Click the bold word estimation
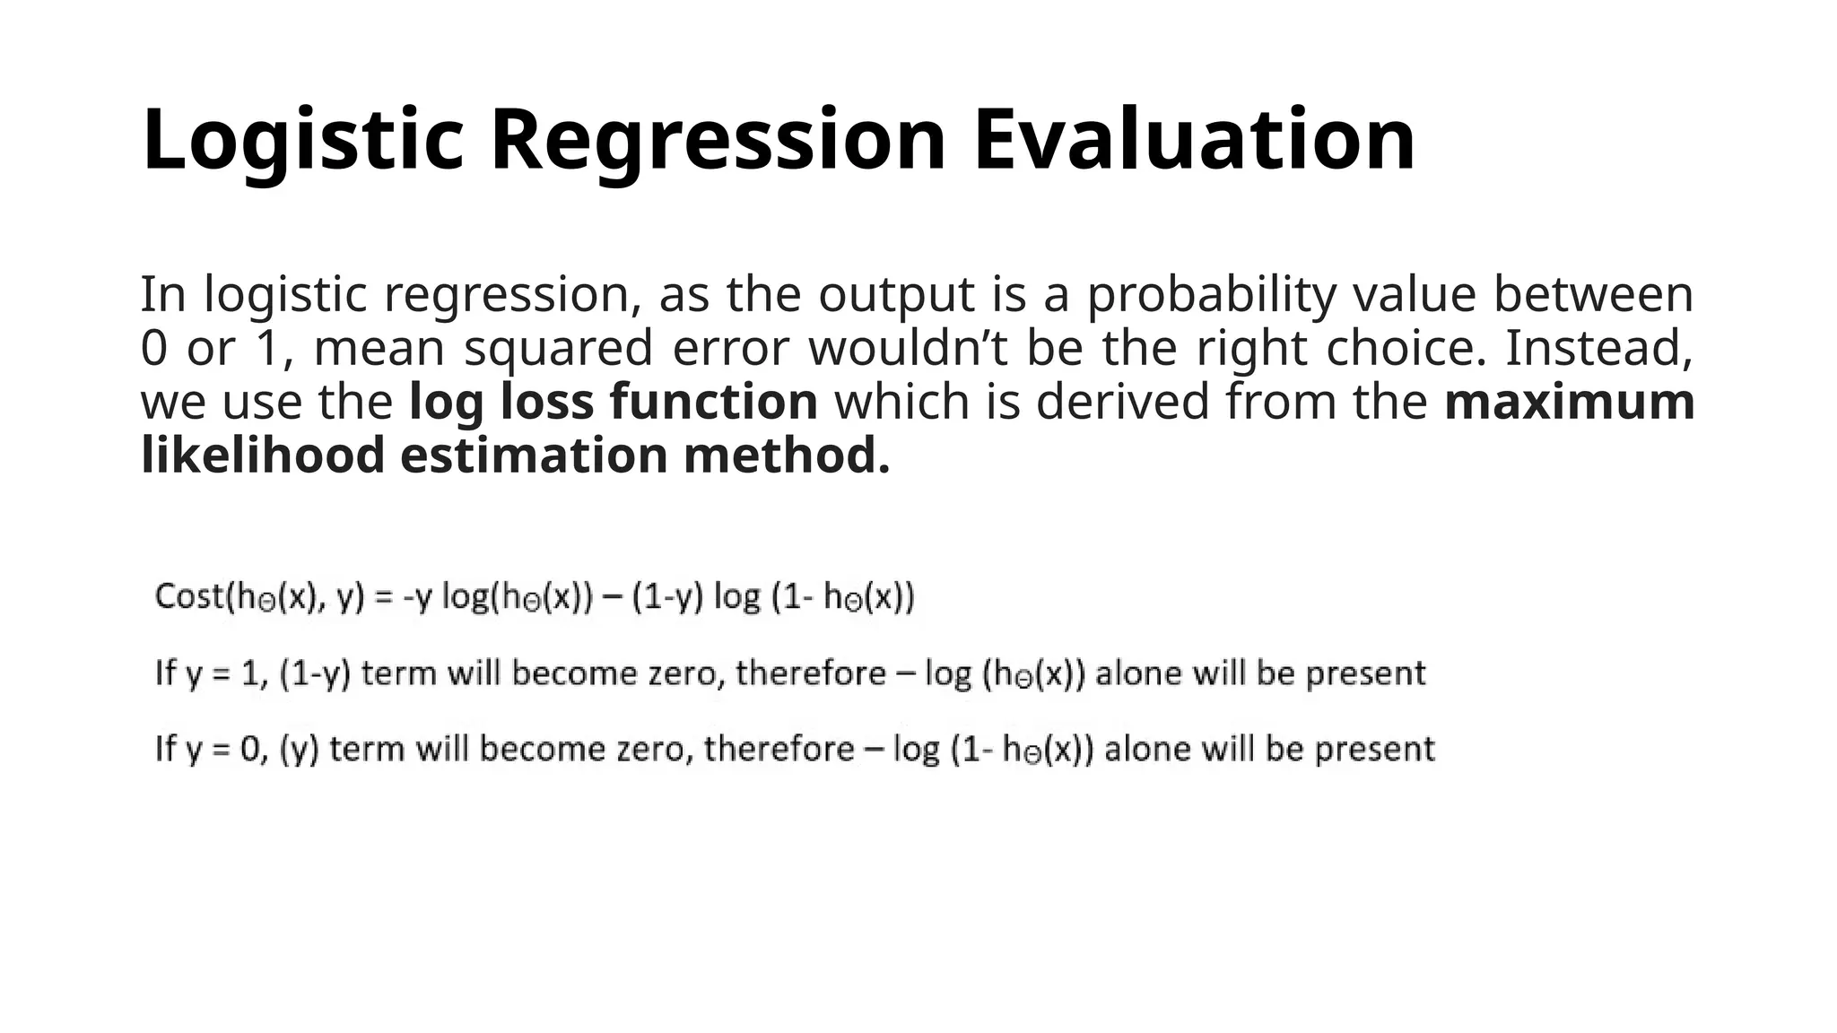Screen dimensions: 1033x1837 [534, 455]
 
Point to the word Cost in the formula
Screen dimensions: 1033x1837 [188, 596]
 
